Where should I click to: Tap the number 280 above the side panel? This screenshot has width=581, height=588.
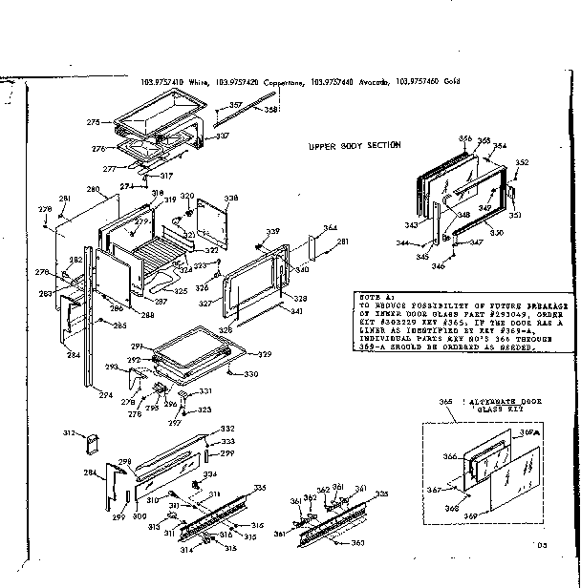coord(93,190)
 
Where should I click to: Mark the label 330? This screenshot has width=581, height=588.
coord(250,373)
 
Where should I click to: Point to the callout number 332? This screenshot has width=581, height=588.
coord(227,429)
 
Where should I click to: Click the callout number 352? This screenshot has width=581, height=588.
coord(522,163)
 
